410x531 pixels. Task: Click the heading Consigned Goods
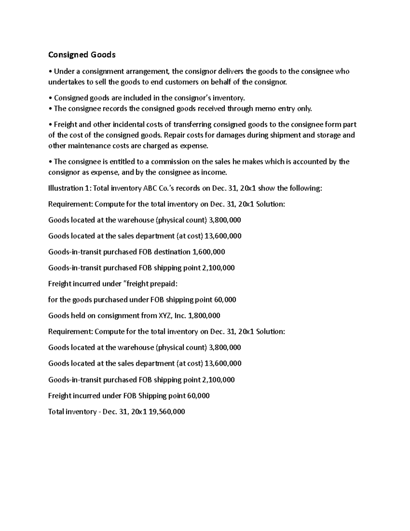[82, 55]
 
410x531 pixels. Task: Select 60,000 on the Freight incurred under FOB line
[198, 396]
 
